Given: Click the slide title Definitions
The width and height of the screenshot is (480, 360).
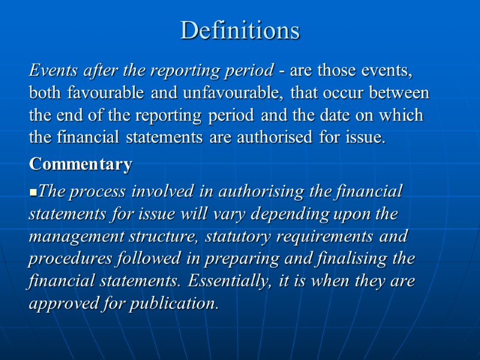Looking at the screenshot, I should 240,30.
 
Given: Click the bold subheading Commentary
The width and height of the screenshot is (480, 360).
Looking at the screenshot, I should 80,164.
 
